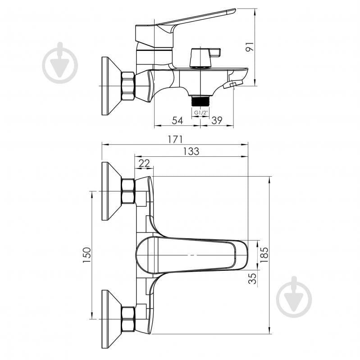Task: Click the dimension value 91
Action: [250, 47]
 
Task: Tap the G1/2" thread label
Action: [201, 113]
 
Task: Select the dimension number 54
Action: [178, 120]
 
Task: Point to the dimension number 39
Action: [217, 120]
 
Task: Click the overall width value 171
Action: [175, 139]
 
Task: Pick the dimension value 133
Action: [191, 151]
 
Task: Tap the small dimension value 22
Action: [144, 163]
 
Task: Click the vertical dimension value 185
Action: [264, 255]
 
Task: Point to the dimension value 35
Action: [252, 278]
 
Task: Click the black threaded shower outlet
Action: [200, 101]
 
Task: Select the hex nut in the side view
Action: [128, 86]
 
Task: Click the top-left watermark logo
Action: [60, 63]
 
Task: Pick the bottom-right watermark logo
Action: [294, 297]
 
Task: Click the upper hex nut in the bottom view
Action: [128, 191]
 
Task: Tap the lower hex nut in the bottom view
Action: [128, 319]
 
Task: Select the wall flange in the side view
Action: [111, 86]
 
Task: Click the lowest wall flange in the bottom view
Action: [111, 319]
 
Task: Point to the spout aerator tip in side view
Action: [233, 84]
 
